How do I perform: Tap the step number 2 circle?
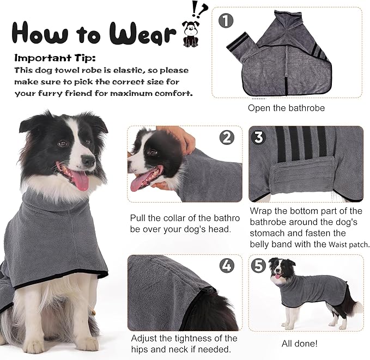point(227,138)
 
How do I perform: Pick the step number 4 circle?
point(227,266)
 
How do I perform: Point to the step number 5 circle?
point(259,266)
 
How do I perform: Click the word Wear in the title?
point(143,33)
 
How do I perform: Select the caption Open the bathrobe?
point(286,108)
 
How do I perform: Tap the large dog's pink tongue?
point(80,179)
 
